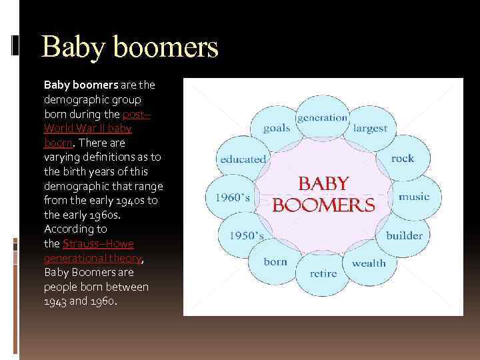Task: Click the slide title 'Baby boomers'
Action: coord(129,48)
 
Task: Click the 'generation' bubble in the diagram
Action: coord(323,118)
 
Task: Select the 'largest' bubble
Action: coord(370,128)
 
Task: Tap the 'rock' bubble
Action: coord(403,159)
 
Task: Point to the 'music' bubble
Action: coord(414,197)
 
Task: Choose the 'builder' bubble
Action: coord(404,235)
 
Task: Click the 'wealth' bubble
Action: coord(369,263)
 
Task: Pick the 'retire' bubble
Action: coord(323,273)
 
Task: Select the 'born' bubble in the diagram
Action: coord(275,262)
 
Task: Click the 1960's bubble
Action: coord(233,197)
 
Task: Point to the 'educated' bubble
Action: coord(243,159)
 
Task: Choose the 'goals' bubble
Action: coord(276,128)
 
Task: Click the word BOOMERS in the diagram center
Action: coord(324,205)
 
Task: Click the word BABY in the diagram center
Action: coord(323,183)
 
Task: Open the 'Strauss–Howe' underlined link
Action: coord(98,244)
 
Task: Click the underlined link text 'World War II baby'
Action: coord(87,128)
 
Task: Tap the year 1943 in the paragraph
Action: coord(55,301)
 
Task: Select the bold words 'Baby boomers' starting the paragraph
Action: coord(81,85)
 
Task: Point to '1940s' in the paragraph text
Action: coord(130,200)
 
